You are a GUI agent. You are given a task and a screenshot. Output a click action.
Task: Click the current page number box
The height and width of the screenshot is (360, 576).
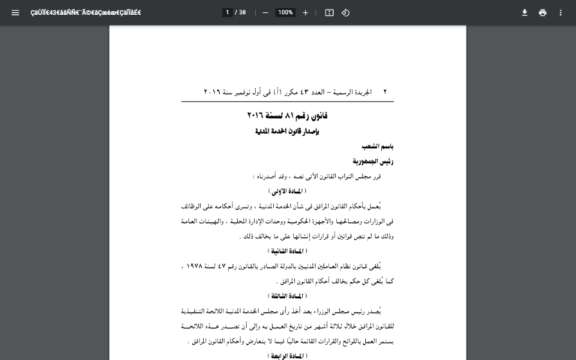tap(226, 13)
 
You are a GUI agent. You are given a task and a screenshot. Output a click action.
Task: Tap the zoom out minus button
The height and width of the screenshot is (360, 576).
tap(265, 13)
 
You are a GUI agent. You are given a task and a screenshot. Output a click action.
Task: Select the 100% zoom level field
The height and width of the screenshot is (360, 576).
tap(285, 13)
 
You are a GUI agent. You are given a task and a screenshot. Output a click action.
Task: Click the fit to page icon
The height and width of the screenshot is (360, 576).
tap(329, 13)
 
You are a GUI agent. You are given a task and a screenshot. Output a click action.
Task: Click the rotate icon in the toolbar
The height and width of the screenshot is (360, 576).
tap(346, 13)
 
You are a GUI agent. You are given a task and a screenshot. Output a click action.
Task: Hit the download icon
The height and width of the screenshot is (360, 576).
tap(525, 13)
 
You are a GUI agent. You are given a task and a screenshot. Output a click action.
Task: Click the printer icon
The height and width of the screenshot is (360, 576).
tap(542, 13)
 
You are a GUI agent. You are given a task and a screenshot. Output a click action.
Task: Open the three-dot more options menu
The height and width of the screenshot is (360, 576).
tap(560, 13)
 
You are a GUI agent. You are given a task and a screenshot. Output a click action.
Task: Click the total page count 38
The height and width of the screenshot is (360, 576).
tap(242, 13)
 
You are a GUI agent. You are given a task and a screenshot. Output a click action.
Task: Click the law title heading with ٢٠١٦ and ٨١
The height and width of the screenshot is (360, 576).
tap(287, 115)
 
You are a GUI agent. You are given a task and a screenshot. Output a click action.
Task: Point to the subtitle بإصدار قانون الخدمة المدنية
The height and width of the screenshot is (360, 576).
tap(287, 131)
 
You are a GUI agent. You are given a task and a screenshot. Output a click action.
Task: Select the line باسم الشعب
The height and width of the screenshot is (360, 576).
tap(377, 146)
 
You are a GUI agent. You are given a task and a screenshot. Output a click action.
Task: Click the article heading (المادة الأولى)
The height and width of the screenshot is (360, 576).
tap(287, 191)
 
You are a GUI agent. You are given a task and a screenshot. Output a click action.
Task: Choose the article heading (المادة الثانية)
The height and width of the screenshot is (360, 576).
tap(287, 250)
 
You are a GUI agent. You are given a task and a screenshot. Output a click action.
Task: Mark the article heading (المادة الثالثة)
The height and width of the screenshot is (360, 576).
tap(287, 296)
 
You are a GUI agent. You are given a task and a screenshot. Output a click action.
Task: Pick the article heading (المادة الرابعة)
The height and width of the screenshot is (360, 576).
tap(287, 355)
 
